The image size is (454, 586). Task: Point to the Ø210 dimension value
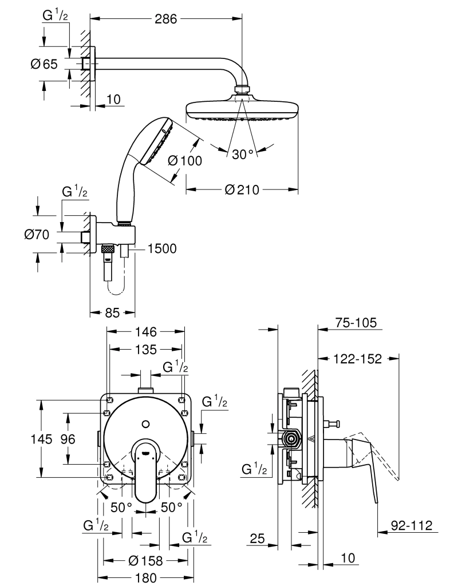[x=242, y=189]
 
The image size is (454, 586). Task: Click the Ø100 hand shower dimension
[x=185, y=161]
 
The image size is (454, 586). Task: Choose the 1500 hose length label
[x=162, y=248]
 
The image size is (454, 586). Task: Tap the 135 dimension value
[x=147, y=349]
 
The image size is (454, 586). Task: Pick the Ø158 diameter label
[x=147, y=561]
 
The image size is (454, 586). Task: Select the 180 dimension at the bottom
[x=147, y=578]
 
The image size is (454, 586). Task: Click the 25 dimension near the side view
[x=258, y=538]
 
